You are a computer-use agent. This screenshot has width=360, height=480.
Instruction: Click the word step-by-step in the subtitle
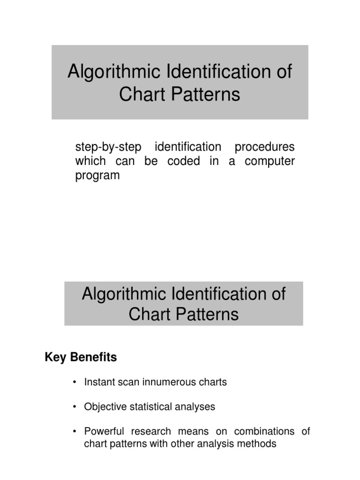[x=105, y=147]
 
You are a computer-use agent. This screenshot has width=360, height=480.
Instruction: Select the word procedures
[x=264, y=147]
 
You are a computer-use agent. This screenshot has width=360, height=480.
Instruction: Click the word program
[x=97, y=176]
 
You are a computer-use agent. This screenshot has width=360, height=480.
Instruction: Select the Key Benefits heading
[x=81, y=358]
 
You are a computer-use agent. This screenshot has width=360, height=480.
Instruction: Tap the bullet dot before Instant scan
[x=75, y=382]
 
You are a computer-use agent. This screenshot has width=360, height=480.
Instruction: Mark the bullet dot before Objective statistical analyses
[x=75, y=407]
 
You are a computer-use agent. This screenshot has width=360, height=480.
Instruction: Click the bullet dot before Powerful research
[x=75, y=432]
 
